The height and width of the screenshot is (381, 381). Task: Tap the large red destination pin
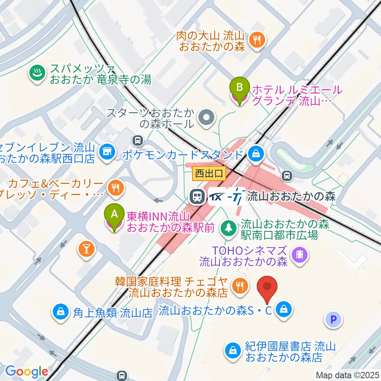pyautogui.click(x=267, y=287)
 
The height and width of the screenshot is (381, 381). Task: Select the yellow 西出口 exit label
pyautogui.click(x=209, y=173)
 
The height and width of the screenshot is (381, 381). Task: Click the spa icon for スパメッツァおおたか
pyautogui.click(x=37, y=73)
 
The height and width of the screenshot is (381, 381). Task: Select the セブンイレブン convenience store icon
pyautogui.click(x=106, y=151)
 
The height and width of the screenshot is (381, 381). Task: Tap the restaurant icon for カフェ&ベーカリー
pyautogui.click(x=115, y=187)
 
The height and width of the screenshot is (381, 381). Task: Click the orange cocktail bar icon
pyautogui.click(x=87, y=249)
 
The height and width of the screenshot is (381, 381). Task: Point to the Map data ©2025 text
pyautogui.click(x=348, y=375)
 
